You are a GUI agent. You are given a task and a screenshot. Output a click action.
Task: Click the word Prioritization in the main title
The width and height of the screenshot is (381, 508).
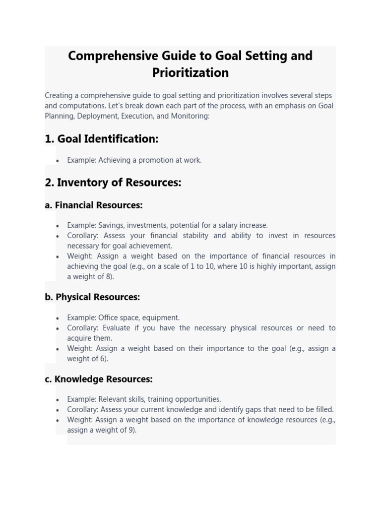190,72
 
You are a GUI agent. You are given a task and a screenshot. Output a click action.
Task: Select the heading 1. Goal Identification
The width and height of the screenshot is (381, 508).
101,139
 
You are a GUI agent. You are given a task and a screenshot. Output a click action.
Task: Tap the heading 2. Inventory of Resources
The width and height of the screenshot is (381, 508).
113,183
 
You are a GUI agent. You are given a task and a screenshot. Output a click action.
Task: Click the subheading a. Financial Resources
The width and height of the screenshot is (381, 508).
93,205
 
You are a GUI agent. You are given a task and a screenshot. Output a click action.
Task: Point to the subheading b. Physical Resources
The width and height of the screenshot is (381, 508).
92,297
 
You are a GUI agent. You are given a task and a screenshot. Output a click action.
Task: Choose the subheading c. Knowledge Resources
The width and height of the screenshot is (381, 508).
98,379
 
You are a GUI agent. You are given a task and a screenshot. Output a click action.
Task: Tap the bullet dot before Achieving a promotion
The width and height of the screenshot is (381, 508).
58,161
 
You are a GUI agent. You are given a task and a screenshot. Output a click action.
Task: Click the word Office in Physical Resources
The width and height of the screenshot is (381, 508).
109,317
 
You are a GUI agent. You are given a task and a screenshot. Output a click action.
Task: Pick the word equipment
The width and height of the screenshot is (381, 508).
163,317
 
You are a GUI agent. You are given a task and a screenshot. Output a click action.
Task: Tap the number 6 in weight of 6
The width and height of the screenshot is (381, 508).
103,359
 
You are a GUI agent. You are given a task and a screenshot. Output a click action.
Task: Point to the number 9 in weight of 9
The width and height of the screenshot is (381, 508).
131,430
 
